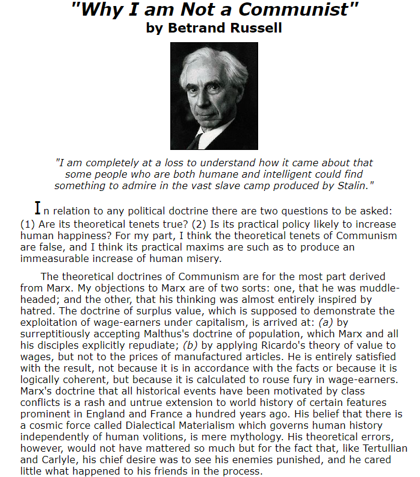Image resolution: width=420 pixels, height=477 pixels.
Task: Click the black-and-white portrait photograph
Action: (x=214, y=96)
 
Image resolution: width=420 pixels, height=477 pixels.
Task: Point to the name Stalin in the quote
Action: (x=350, y=185)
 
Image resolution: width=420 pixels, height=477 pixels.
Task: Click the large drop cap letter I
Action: (x=38, y=208)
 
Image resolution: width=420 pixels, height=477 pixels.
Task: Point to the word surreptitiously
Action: (x=59, y=334)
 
